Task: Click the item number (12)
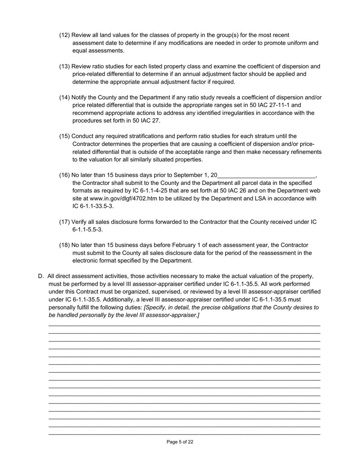pos(64,35)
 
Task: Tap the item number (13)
pos(64,67)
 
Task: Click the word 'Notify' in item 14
pos(80,98)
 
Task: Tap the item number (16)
pos(64,175)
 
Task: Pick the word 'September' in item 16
pos(187,175)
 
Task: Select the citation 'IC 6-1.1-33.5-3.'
pos(93,206)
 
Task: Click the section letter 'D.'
pos(41,277)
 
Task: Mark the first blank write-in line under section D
pos(185,325)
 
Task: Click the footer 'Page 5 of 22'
pos(180,442)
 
